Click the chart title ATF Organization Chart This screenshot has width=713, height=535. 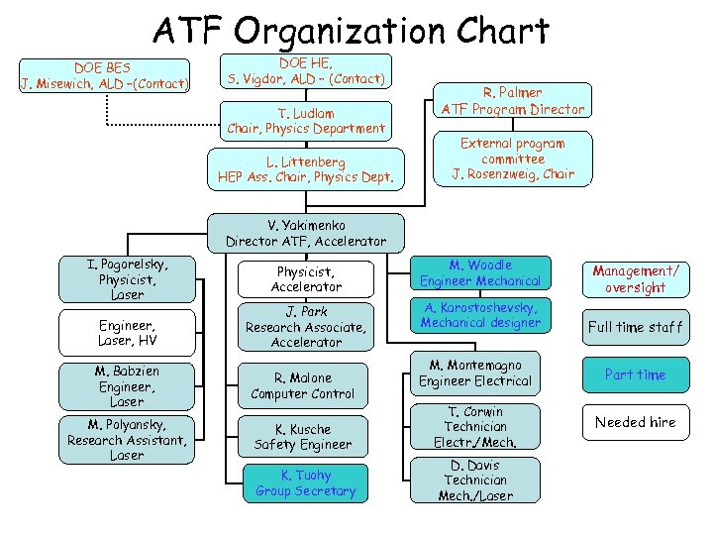click(350, 31)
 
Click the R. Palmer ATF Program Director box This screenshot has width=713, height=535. click(513, 101)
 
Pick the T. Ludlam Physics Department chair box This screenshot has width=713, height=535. click(306, 121)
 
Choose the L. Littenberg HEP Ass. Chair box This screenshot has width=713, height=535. click(306, 169)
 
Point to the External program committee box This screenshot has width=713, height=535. click(513, 159)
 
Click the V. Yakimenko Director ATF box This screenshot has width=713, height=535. click(306, 233)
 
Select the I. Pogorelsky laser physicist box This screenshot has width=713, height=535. click(127, 279)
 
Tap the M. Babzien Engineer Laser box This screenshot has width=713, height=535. click(127, 386)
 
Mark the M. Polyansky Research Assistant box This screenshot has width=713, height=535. click(127, 440)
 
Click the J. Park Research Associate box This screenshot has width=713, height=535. click(306, 326)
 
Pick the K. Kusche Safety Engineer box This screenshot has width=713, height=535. click(303, 437)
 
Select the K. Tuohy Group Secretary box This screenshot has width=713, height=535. click(305, 483)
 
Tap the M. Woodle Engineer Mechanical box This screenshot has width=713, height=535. click(480, 273)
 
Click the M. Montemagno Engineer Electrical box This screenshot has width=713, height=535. click(475, 373)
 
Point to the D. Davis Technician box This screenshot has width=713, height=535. click(475, 480)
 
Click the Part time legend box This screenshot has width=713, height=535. click(635, 374)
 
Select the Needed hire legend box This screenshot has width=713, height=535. click(635, 422)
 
